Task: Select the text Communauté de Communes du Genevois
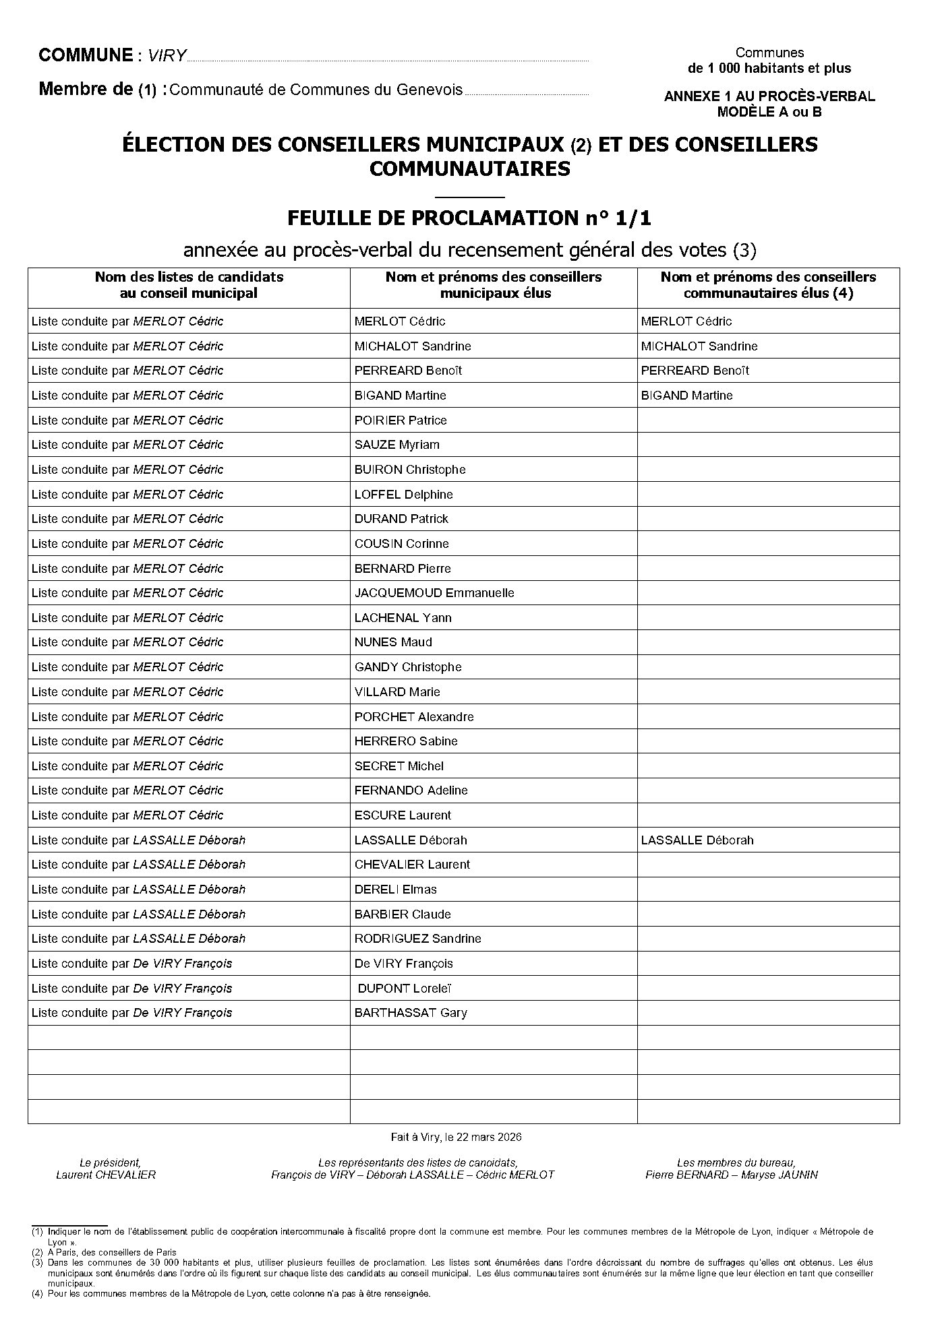316,90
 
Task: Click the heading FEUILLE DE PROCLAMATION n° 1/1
469,218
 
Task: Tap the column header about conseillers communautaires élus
768,285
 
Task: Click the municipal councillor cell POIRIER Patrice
401,421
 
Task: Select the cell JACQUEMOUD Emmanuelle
434,593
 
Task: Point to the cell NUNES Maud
393,642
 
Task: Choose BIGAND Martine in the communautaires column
686,396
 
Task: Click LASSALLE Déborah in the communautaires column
697,840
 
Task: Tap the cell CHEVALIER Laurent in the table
412,865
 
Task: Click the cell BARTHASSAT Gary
411,1013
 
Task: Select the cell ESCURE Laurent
403,815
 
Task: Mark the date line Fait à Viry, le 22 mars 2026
457,1138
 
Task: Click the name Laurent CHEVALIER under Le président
106,1175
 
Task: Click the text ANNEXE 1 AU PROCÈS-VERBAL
769,96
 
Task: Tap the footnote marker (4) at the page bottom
37,1294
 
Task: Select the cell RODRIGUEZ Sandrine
417,939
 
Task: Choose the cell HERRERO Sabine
406,741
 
